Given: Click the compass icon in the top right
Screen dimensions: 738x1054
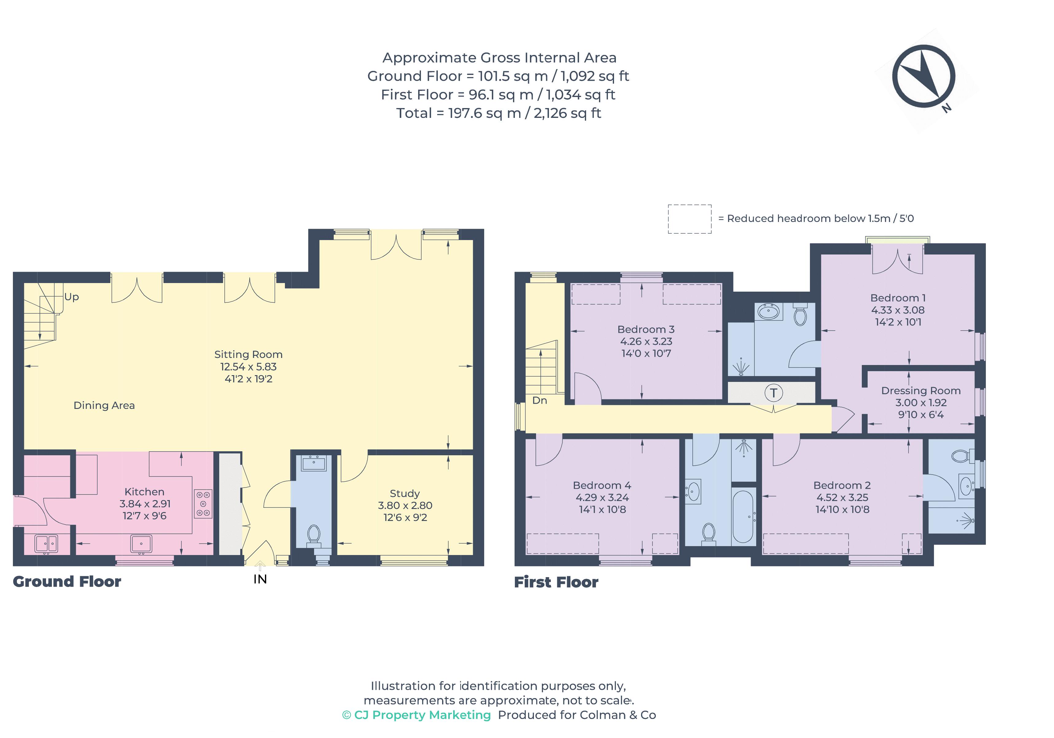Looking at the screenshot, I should pos(924,76).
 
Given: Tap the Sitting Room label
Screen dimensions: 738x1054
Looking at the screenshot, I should pos(248,354).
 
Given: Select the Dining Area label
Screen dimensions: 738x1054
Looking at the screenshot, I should pos(104,405).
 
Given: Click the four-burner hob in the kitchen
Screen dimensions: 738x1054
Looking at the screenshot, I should pos(203,504).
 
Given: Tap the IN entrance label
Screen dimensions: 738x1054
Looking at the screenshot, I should pos(260,579).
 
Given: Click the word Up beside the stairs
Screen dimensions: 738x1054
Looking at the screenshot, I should pos(72,297).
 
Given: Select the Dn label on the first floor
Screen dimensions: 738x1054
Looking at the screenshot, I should pos(539,400).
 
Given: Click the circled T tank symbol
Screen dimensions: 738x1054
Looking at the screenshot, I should pos(773,393).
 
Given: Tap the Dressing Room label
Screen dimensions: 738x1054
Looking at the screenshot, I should pos(920,390).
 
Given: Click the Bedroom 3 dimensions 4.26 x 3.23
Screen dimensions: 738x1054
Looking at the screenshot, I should pos(646,341).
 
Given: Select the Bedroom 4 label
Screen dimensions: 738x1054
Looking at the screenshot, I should pos(602,485).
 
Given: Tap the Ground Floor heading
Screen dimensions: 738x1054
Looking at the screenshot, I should pos(67,581).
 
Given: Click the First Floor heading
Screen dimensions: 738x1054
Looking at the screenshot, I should pos(556,582).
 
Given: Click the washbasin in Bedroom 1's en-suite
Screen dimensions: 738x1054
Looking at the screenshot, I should pos(768,313).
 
